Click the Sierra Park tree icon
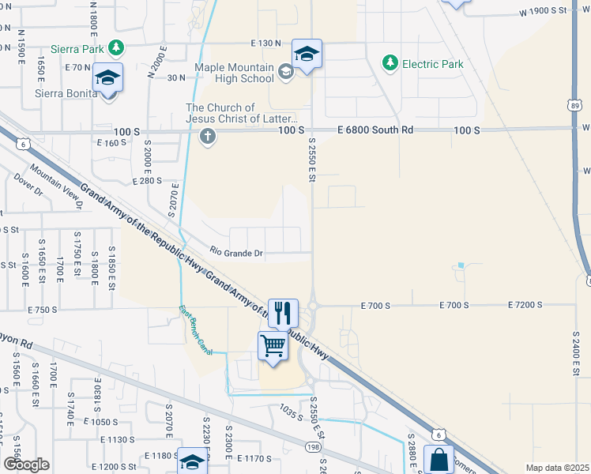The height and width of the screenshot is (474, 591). click(117, 47)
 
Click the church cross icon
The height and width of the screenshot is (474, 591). click(208, 136)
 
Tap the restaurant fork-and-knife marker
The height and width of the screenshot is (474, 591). click(282, 312)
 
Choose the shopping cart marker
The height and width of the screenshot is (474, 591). click(273, 345)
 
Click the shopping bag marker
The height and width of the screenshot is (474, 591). click(439, 461)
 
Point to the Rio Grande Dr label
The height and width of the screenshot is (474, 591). click(236, 253)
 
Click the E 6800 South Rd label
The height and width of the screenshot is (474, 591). click(375, 130)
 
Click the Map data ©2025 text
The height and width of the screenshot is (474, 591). click(557, 468)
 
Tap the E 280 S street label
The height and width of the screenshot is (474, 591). click(147, 181)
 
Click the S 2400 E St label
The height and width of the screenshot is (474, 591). click(576, 355)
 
